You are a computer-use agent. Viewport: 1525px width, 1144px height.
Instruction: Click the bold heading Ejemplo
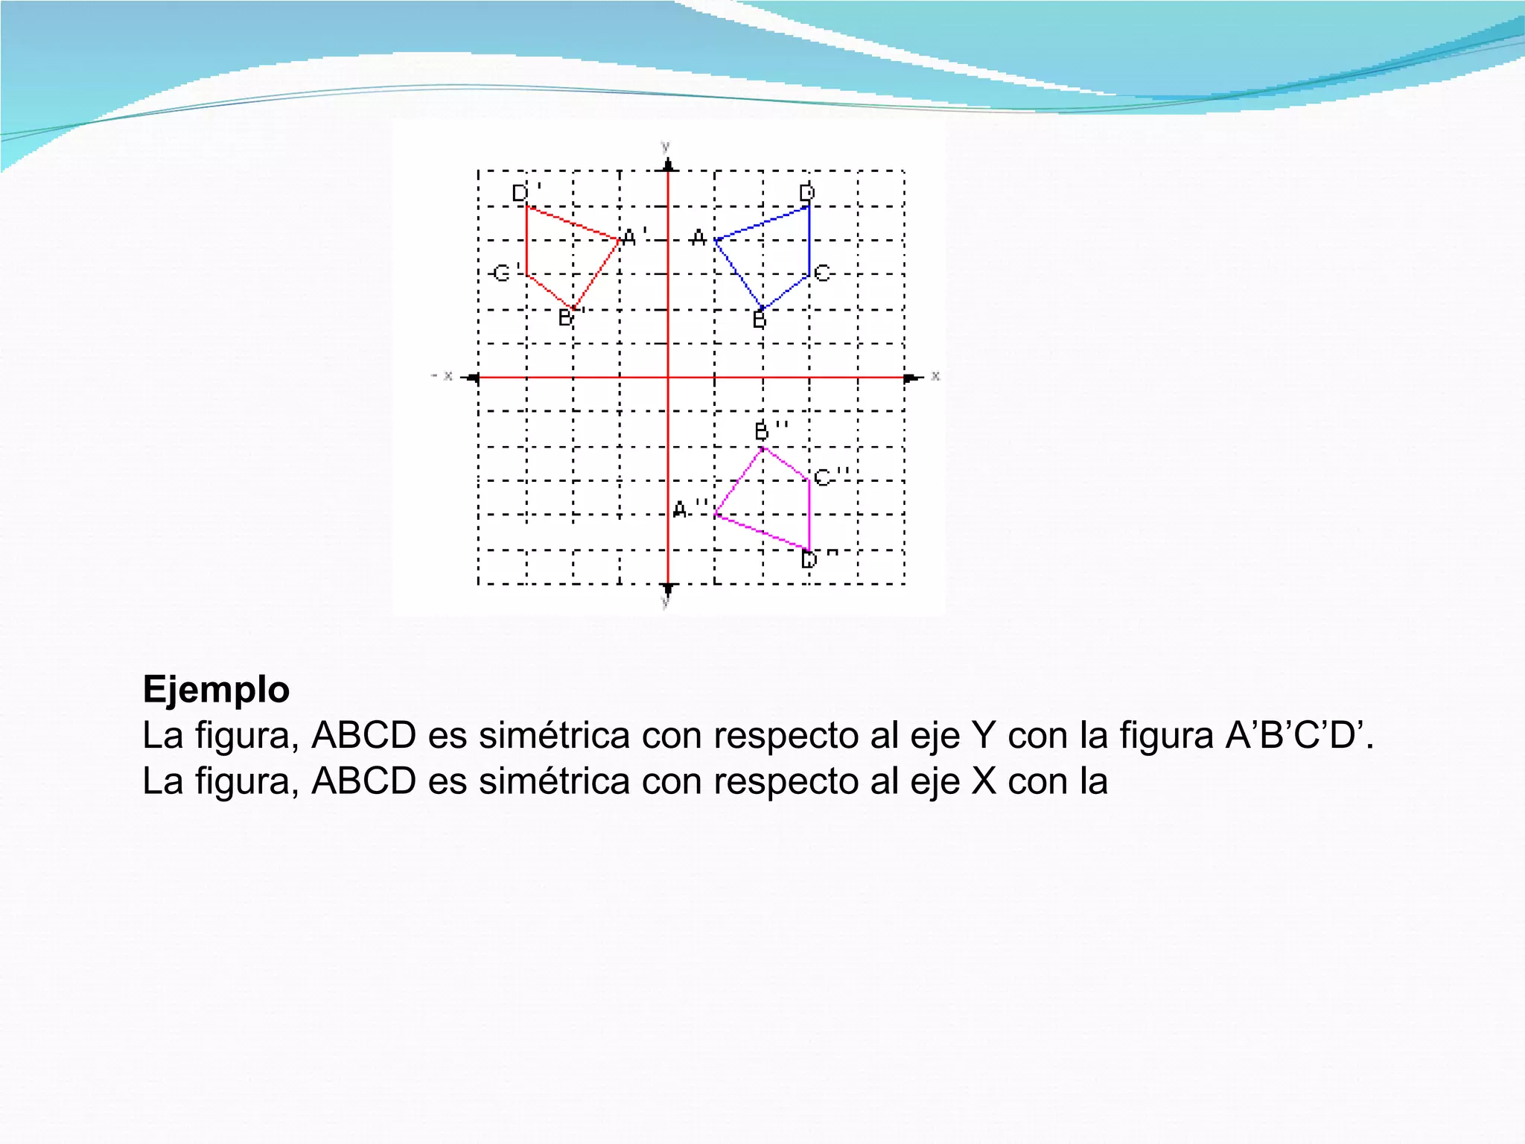[216, 689]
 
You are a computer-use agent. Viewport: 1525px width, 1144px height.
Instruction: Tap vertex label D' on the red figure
[526, 192]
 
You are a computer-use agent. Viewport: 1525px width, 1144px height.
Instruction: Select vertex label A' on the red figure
[634, 237]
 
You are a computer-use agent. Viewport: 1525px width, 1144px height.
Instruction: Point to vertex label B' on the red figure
[570, 318]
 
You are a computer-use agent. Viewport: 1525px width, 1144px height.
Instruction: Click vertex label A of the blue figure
[698, 238]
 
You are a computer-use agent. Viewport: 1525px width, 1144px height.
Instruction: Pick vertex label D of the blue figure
[807, 193]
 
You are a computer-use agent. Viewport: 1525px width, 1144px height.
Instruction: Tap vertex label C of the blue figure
[822, 273]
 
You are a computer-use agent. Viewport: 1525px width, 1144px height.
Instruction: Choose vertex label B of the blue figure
[759, 320]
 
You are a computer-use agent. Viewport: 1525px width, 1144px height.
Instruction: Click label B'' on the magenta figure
[770, 430]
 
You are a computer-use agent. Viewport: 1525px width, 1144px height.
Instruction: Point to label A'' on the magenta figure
[689, 509]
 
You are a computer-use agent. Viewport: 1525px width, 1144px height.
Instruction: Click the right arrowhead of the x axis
[912, 378]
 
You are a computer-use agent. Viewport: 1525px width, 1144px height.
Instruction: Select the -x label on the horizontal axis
[442, 376]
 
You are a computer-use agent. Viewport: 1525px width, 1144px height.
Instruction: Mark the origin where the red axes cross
[668, 378]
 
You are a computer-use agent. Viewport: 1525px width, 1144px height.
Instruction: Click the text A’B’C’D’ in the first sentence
[1299, 736]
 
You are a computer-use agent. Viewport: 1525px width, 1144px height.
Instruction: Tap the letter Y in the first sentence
[983, 736]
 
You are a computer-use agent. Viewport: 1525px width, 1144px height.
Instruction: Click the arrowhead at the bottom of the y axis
[668, 589]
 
